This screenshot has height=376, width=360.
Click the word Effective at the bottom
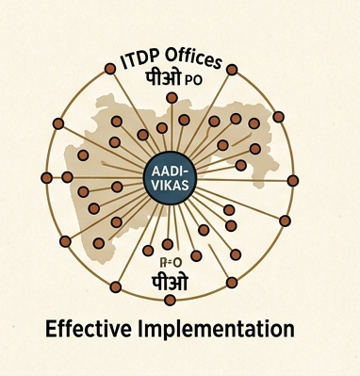coord(90,330)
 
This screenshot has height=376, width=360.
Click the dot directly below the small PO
coord(172,98)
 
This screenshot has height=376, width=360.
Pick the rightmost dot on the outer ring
coord(292,180)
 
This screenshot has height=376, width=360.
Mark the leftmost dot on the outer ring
coord(47,177)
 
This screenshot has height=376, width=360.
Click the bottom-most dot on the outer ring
coord(170,300)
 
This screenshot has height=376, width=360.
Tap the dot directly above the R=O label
coord(168,244)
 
